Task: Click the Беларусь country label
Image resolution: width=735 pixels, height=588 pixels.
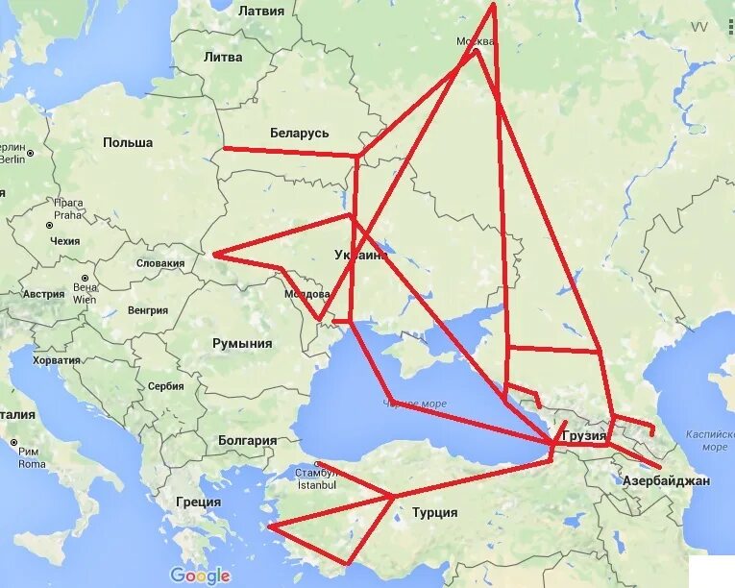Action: pyautogui.click(x=300, y=134)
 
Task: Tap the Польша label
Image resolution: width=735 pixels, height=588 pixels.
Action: pyautogui.click(x=128, y=143)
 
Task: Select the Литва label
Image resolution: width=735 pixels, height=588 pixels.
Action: pyautogui.click(x=223, y=58)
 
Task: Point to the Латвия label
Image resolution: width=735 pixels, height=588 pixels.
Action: pyautogui.click(x=260, y=12)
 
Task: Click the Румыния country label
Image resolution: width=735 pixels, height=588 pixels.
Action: pyautogui.click(x=241, y=344)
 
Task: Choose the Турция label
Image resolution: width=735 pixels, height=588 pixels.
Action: pyautogui.click(x=434, y=513)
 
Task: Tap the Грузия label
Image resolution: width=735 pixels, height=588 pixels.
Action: pyautogui.click(x=584, y=436)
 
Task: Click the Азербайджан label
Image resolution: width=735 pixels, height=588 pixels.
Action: pyautogui.click(x=666, y=480)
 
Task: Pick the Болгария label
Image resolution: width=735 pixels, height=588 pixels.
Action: pyautogui.click(x=247, y=441)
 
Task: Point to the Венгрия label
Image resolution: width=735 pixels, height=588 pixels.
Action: pyautogui.click(x=147, y=310)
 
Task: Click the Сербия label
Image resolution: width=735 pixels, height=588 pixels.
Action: pyautogui.click(x=165, y=386)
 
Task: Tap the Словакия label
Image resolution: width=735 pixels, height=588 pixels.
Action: pyautogui.click(x=159, y=263)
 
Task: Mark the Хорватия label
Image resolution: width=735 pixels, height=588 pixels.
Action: pyautogui.click(x=56, y=360)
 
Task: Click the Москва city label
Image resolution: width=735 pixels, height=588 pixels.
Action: pyautogui.click(x=476, y=42)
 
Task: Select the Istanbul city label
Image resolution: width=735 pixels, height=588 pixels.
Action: pyautogui.click(x=316, y=485)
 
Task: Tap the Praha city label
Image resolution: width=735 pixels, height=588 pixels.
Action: pyautogui.click(x=68, y=215)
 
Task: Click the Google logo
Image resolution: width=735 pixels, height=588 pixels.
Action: pyautogui.click(x=200, y=576)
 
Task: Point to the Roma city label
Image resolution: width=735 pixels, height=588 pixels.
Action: pyautogui.click(x=32, y=464)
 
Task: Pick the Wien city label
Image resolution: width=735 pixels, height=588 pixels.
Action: pyautogui.click(x=85, y=299)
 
